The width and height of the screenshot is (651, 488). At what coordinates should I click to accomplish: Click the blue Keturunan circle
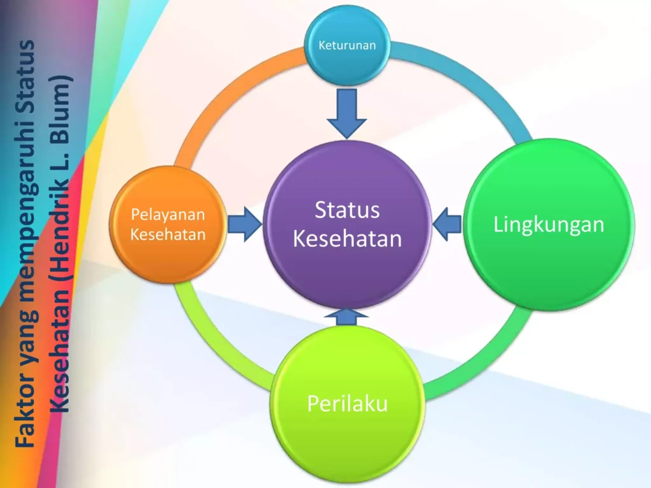click(347, 45)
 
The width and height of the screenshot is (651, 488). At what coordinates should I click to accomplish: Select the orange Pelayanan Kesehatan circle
click(168, 224)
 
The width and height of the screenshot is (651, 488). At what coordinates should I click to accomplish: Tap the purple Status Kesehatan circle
click(347, 224)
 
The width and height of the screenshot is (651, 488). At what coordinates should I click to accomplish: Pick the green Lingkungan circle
click(549, 224)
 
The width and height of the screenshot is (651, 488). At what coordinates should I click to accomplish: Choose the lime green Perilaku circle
click(347, 403)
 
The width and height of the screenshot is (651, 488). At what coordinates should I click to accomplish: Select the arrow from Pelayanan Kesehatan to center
click(245, 224)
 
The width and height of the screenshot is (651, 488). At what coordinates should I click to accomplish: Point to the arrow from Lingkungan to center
click(447, 224)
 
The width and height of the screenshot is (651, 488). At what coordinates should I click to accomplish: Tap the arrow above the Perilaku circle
click(346, 316)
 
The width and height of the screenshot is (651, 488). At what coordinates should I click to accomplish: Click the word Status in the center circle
click(347, 210)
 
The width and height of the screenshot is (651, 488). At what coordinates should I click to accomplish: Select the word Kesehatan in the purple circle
click(348, 239)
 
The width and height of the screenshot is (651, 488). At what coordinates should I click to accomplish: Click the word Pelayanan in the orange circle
click(168, 215)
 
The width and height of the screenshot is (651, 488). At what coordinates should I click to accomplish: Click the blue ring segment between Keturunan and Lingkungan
click(469, 79)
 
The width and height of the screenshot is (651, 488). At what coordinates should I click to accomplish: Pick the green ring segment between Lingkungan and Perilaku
click(482, 360)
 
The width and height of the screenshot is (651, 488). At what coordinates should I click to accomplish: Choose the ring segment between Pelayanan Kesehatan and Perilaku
click(216, 349)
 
